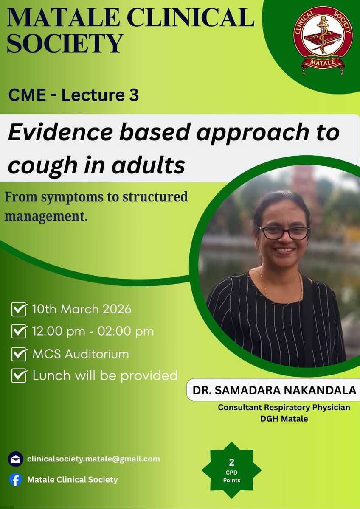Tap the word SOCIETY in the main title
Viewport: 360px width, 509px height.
pyautogui.click(x=65, y=43)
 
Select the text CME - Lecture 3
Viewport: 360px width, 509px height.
pyautogui.click(x=73, y=95)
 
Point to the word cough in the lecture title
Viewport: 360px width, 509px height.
pyautogui.click(x=42, y=166)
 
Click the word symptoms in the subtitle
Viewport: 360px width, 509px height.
pyautogui.click(x=72, y=197)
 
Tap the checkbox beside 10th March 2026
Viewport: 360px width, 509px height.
pyautogui.click(x=19, y=309)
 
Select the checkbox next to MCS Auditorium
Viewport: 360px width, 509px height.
pyautogui.click(x=19, y=354)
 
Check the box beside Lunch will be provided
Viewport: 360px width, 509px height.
pyautogui.click(x=19, y=376)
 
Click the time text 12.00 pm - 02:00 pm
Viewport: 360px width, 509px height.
pyautogui.click(x=93, y=331)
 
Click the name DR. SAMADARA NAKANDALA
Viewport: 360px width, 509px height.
pyautogui.click(x=274, y=390)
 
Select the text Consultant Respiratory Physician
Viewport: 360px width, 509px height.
pyautogui.click(x=284, y=408)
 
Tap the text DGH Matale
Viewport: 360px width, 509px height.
pyautogui.click(x=284, y=418)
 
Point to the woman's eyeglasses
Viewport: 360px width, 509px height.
pyautogui.click(x=285, y=233)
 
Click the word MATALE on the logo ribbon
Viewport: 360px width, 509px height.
pyautogui.click(x=323, y=62)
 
